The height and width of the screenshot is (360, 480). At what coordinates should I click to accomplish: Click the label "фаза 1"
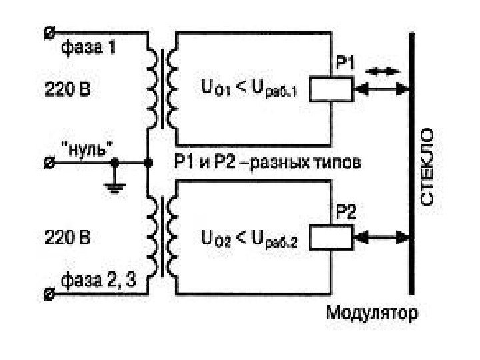click(88, 49)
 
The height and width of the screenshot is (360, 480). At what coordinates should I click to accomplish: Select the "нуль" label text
click(86, 146)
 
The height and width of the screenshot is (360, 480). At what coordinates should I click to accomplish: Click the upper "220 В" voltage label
click(67, 87)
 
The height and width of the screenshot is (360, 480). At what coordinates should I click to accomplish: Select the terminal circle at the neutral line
click(49, 162)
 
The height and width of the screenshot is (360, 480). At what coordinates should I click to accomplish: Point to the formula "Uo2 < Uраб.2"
click(249, 237)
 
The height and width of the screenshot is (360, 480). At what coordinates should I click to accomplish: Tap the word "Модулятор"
click(373, 312)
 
